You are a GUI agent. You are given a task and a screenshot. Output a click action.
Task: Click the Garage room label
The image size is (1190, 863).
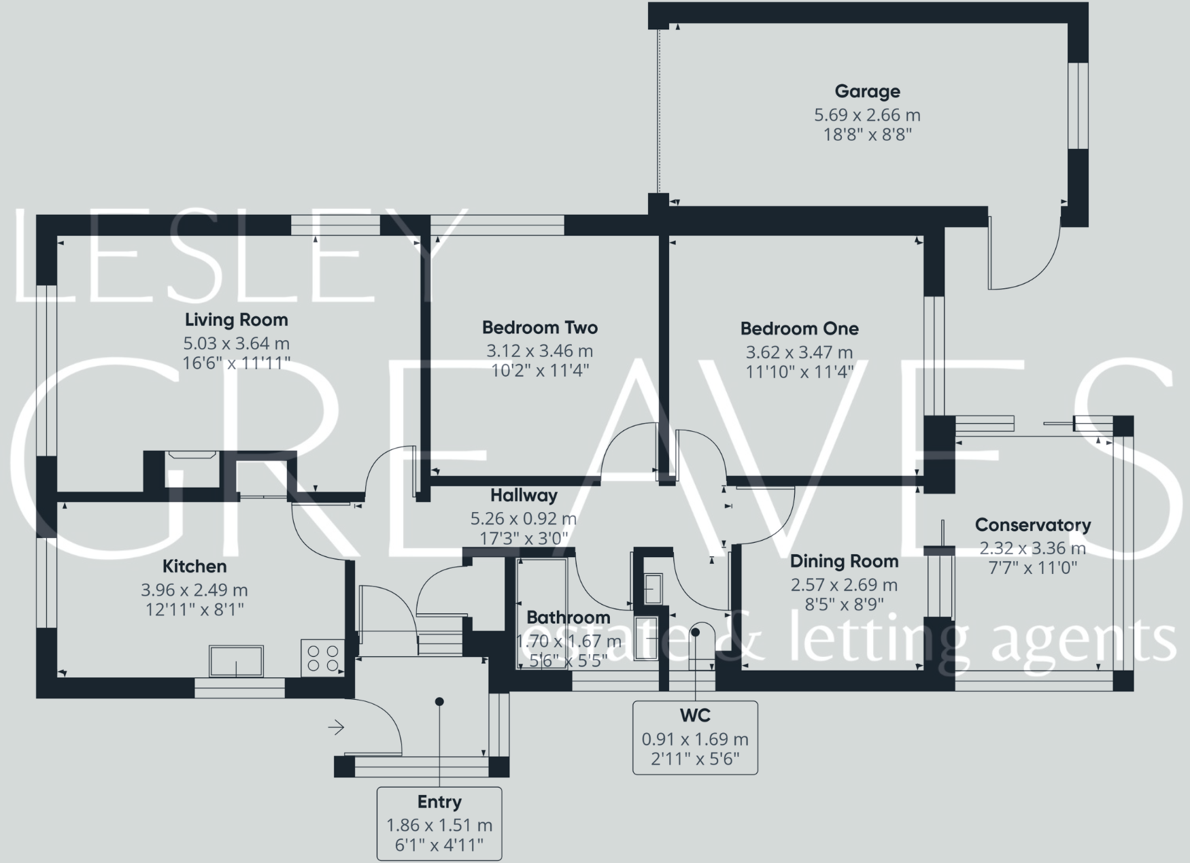pyautogui.click(x=867, y=91)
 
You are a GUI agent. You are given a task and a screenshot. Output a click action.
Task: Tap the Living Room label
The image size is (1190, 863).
pyautogui.click(x=236, y=320)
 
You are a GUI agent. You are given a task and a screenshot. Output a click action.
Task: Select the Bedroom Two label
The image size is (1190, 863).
pyautogui.click(x=539, y=328)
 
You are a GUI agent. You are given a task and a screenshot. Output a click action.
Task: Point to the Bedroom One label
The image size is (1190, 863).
pyautogui.click(x=799, y=329)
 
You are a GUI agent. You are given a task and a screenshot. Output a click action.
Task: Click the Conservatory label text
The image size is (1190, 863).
pyautogui.click(x=1032, y=525)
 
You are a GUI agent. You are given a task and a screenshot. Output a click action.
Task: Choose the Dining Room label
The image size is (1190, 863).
pyautogui.click(x=844, y=562)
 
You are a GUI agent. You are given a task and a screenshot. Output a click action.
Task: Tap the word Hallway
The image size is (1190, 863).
pyautogui.click(x=524, y=496)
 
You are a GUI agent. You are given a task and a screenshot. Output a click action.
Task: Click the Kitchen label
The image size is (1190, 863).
pyautogui.click(x=194, y=566)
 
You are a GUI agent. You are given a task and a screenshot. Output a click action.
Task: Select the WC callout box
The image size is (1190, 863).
pyautogui.click(x=695, y=737)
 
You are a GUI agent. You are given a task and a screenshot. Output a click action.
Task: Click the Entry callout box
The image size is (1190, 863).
pyautogui.click(x=439, y=824)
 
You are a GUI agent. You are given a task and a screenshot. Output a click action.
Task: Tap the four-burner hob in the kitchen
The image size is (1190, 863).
pyautogui.click(x=323, y=658)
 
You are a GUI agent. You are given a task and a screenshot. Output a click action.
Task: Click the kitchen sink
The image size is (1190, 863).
pyautogui.click(x=236, y=661)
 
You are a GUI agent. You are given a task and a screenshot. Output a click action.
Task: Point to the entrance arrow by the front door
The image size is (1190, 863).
pyautogui.click(x=336, y=728)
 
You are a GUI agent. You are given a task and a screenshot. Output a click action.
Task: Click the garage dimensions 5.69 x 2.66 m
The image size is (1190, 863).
pyautogui.click(x=867, y=115)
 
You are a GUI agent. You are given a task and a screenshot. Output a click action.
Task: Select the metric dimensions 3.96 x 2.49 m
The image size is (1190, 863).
pyautogui.click(x=194, y=590)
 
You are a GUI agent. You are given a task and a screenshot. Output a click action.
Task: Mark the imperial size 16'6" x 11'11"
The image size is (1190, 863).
pyautogui.click(x=236, y=363)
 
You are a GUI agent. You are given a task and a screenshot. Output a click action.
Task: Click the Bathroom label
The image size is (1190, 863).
pyautogui.click(x=568, y=617)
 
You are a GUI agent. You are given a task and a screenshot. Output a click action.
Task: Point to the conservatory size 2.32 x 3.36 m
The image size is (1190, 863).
pyautogui.click(x=1032, y=548)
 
